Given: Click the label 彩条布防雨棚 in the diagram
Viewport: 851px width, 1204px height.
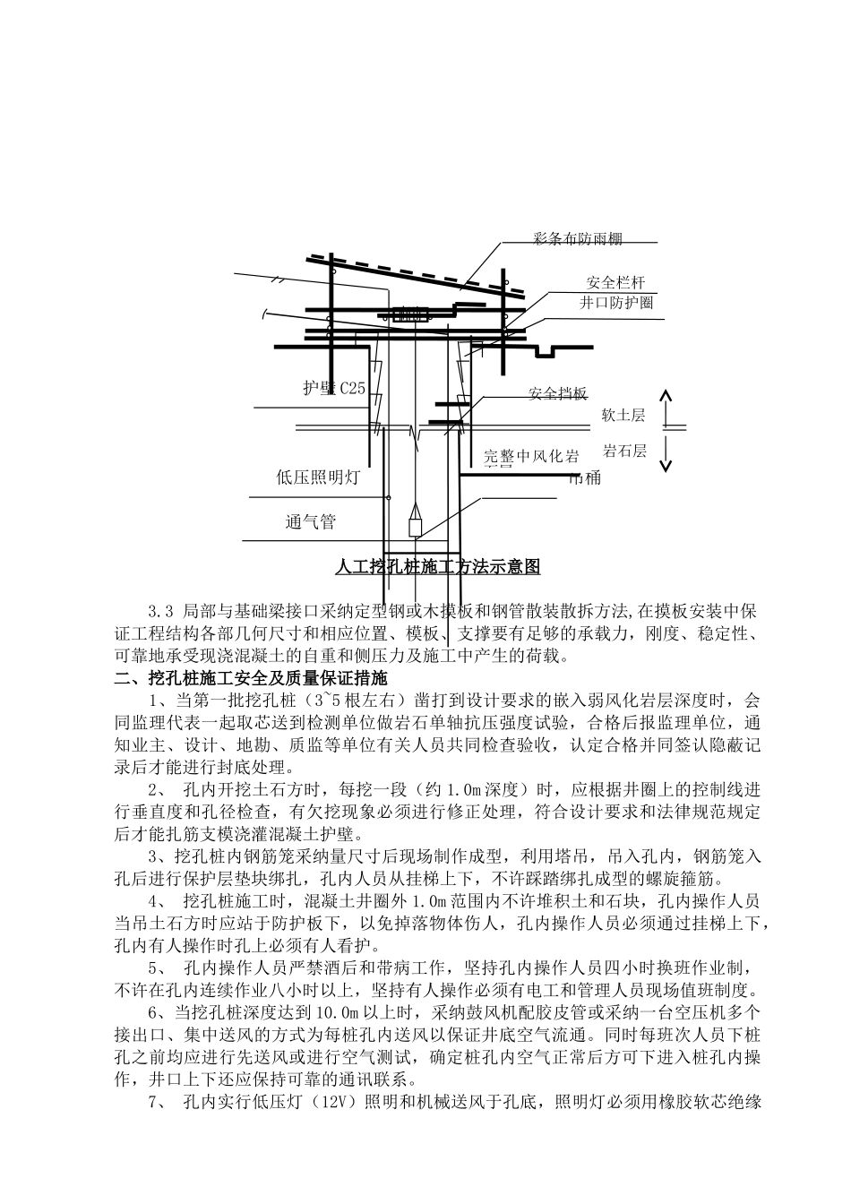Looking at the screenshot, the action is click(x=577, y=238).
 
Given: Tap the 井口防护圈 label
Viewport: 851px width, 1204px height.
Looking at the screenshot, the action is click(x=615, y=303).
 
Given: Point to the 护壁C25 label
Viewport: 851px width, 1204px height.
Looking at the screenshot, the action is click(x=334, y=387).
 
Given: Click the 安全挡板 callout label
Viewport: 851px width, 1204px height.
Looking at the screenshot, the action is click(x=557, y=394).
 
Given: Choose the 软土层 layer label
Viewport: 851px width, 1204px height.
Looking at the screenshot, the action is click(x=623, y=415).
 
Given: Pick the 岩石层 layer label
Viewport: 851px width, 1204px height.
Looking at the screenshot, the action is click(x=624, y=451).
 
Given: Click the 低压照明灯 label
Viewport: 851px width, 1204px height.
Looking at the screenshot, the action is click(x=317, y=477).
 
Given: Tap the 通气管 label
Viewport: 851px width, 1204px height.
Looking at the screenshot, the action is click(x=310, y=521).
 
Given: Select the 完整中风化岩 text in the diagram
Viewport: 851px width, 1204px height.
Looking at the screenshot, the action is click(x=531, y=455).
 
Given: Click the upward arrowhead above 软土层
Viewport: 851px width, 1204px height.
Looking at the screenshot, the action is click(x=665, y=395).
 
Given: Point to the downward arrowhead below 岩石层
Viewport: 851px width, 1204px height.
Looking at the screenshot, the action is click(x=665, y=466).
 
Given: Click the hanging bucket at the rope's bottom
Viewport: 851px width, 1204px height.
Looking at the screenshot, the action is click(x=415, y=522).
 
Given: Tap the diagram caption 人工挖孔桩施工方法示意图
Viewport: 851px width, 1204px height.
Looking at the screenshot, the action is click(x=437, y=566).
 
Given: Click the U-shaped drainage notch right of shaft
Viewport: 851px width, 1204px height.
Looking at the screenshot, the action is click(x=546, y=351).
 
